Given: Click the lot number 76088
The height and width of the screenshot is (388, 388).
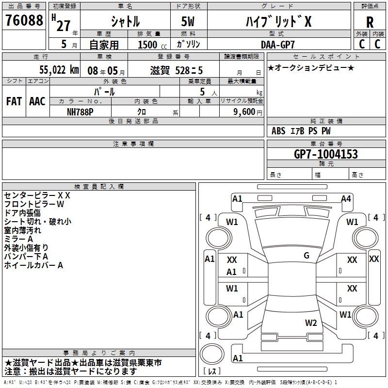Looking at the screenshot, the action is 24,20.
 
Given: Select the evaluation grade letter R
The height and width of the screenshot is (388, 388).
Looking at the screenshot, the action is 370,22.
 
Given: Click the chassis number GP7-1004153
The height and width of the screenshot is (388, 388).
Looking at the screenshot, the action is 326,154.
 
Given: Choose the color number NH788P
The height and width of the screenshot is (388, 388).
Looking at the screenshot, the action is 81,112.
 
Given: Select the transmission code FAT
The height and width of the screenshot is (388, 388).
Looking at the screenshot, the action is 14,101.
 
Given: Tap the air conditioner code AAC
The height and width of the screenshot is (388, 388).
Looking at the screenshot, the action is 37,101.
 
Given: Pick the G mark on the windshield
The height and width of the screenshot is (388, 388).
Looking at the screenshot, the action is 307,256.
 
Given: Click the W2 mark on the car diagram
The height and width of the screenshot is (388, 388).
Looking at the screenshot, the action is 311,323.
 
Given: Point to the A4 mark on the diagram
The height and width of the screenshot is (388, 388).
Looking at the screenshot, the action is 346,198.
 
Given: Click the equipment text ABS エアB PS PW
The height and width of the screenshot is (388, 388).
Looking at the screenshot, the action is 301,131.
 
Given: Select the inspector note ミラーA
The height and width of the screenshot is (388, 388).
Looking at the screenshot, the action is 18,239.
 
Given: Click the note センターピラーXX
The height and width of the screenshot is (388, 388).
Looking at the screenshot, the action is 37,195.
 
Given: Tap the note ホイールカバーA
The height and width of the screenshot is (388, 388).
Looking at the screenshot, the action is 34,265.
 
